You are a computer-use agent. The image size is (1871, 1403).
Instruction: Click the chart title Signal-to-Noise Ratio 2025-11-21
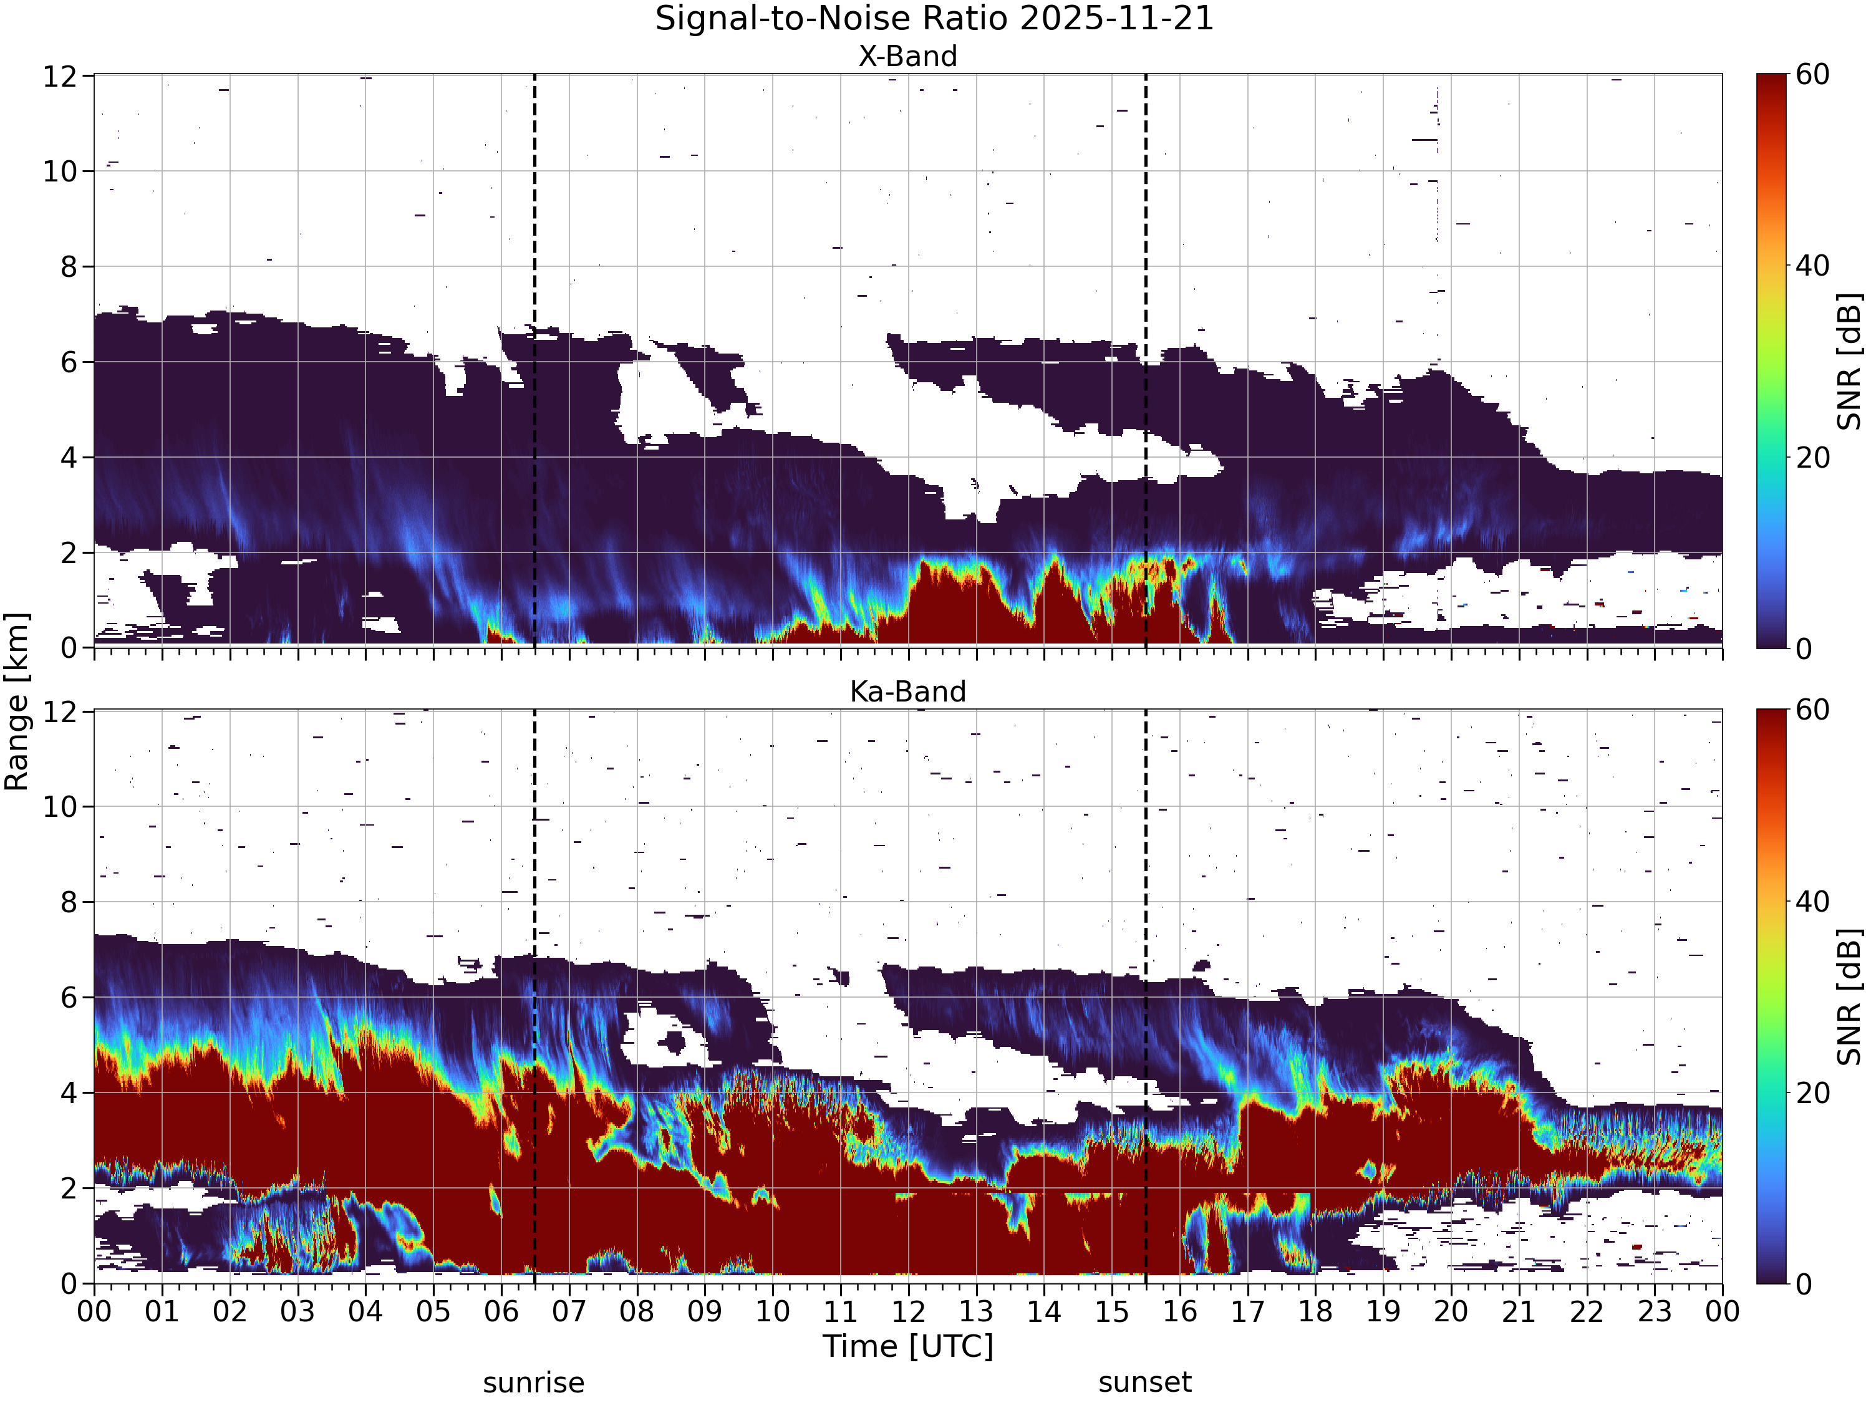click(935, 19)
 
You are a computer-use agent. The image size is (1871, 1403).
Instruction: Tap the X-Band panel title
click(907, 57)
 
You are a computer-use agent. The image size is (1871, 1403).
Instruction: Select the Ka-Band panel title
click(907, 692)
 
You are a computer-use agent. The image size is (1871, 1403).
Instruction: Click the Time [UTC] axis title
click(907, 1346)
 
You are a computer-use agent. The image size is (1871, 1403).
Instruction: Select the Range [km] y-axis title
click(17, 702)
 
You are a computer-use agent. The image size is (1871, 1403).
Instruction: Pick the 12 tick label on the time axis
click(909, 1312)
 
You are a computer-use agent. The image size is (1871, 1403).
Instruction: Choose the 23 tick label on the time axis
click(1655, 1312)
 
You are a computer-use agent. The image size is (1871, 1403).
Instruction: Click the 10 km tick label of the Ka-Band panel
click(61, 807)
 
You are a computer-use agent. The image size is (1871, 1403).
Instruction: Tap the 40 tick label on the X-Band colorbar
click(1812, 266)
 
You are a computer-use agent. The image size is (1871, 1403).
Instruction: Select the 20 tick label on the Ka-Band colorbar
click(1812, 1092)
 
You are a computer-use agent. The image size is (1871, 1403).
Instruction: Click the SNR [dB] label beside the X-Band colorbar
click(1850, 361)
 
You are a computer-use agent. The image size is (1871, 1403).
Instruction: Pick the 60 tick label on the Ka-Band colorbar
click(1812, 710)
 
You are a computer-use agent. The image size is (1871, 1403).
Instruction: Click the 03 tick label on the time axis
click(297, 1312)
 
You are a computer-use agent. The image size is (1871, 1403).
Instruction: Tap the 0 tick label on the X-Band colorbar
click(1804, 648)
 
